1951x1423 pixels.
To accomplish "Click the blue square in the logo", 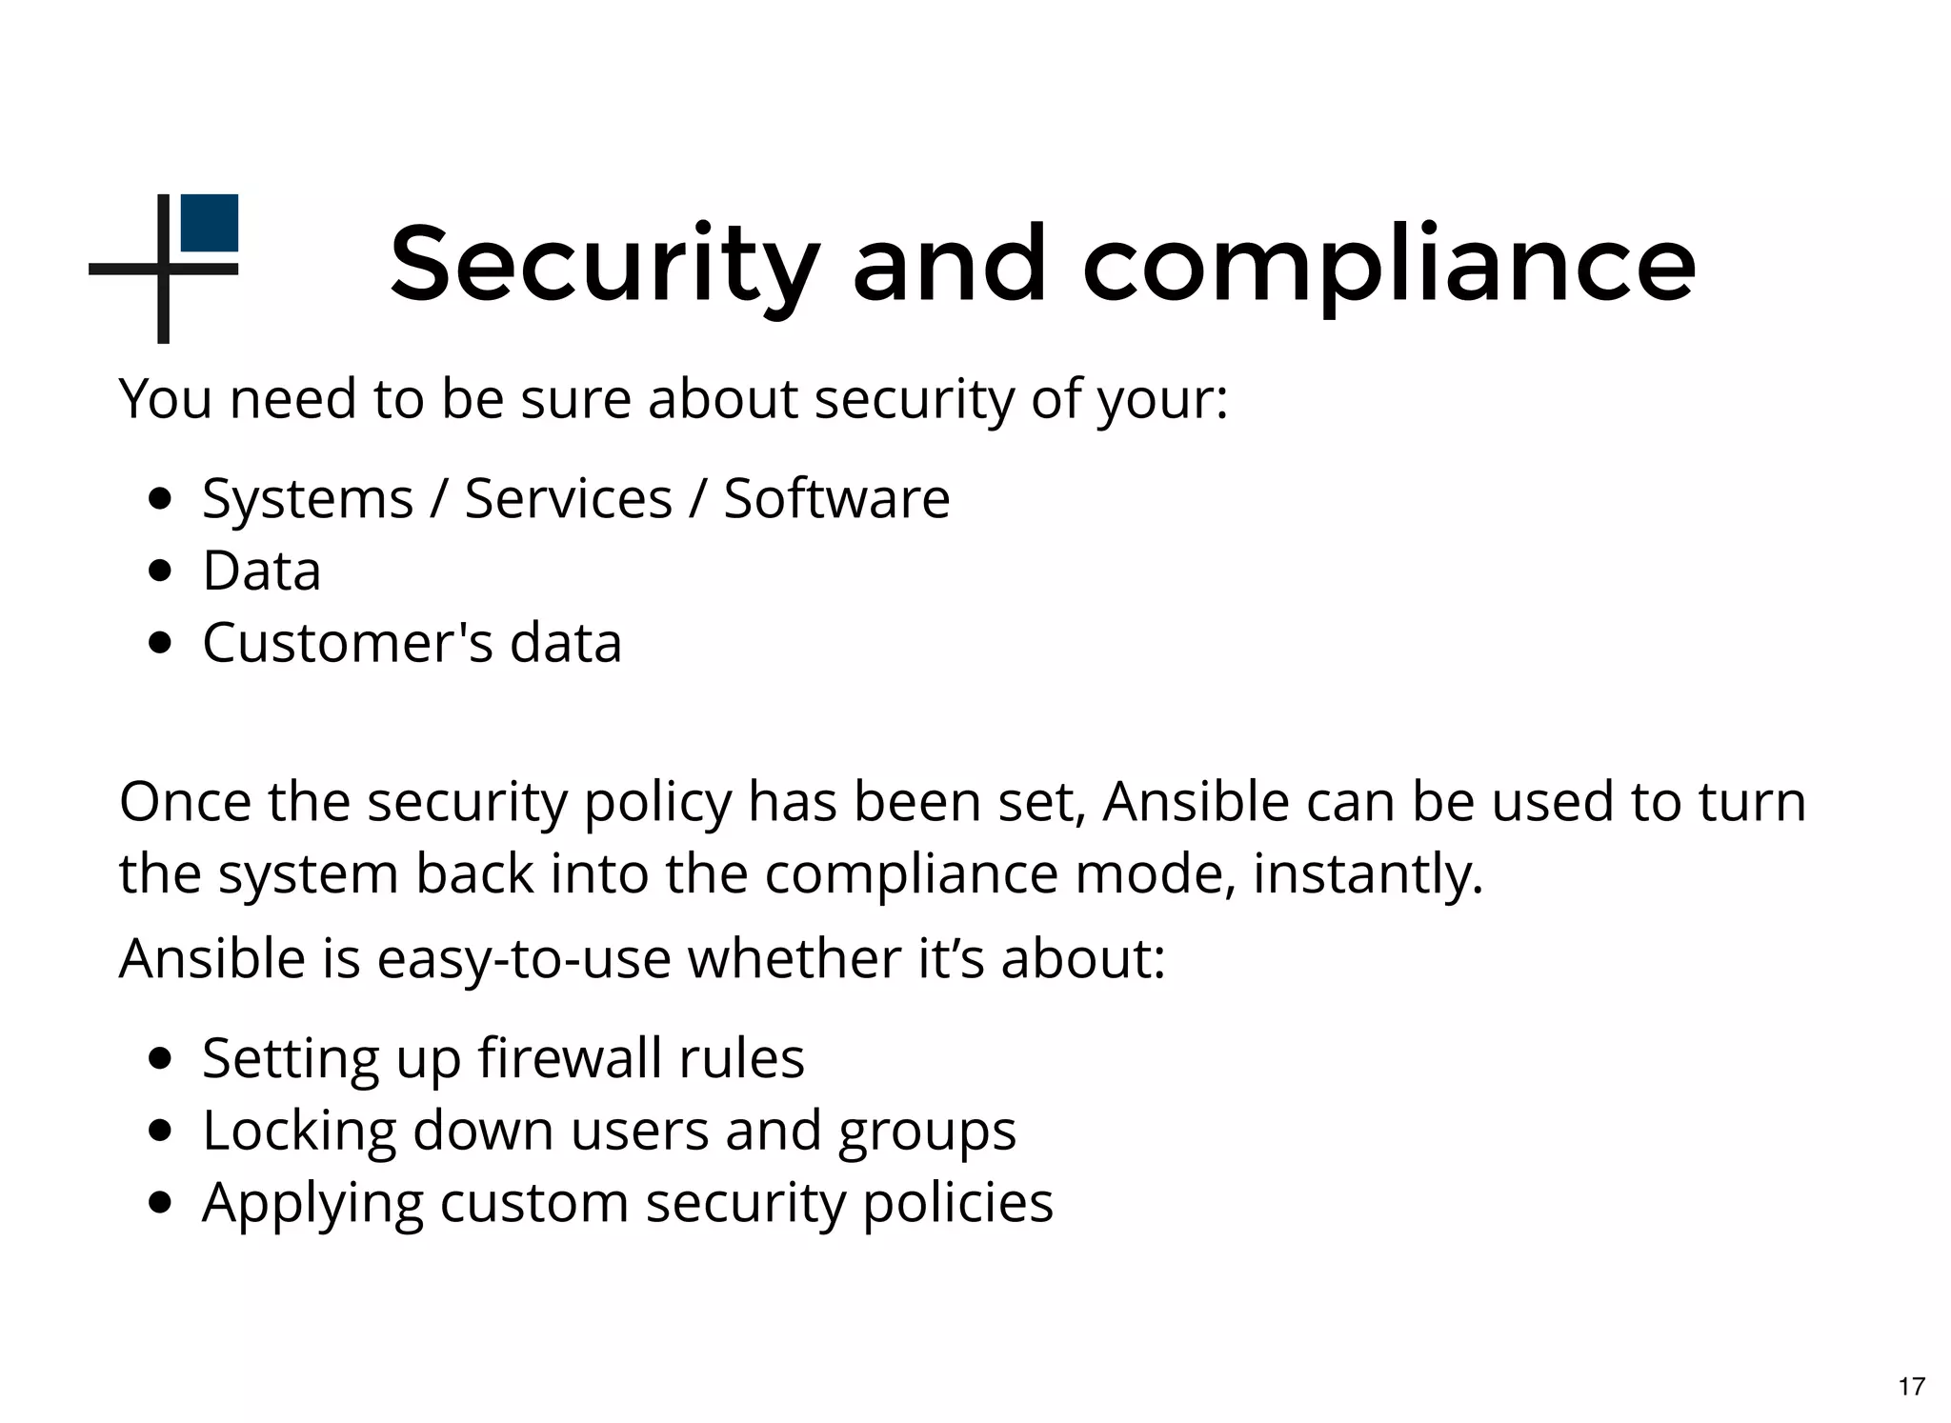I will (x=209, y=223).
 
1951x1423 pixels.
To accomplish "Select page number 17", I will (x=1911, y=1386).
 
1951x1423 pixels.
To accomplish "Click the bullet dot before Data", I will (x=161, y=571).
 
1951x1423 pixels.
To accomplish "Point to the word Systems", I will (x=308, y=499).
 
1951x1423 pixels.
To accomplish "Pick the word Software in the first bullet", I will (x=836, y=498).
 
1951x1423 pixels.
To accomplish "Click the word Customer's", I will (x=348, y=643).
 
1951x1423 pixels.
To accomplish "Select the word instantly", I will (x=1367, y=873).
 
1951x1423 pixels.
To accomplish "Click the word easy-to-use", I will (x=524, y=958).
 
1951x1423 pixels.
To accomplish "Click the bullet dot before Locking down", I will (x=161, y=1130).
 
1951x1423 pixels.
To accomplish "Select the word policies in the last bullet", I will (x=957, y=1203).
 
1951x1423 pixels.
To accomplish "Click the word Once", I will (x=186, y=801).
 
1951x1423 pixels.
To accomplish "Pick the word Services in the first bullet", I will (x=568, y=498).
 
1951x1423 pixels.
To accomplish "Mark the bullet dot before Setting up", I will (x=161, y=1057).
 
